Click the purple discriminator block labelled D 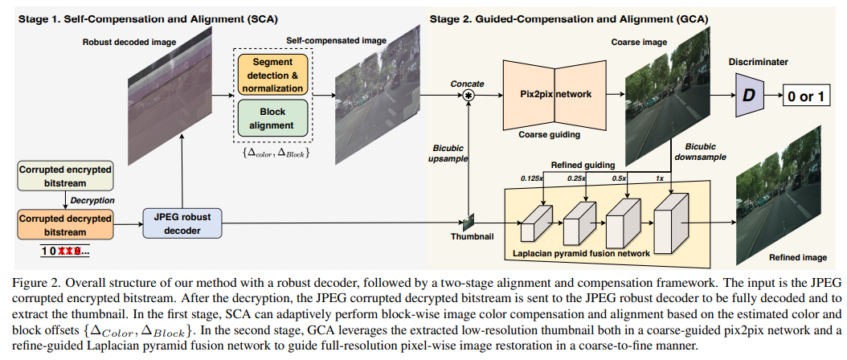(749, 96)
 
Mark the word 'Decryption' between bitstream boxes (91, 199)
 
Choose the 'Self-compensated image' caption (329, 39)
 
